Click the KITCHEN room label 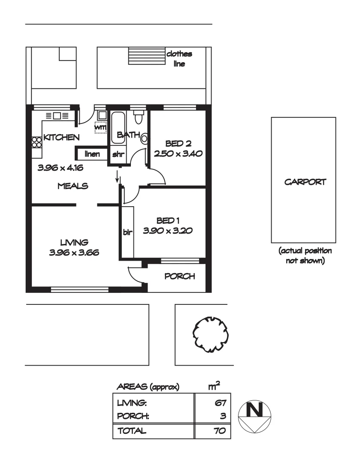61,138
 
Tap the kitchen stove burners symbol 36,141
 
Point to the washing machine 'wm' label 100,127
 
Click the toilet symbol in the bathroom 138,117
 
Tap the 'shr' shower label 118,154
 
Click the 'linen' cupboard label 92,153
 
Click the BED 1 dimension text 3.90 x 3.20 167,230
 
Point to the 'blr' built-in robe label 127,233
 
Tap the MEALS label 73,186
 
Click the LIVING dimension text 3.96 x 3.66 74,253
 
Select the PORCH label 180,277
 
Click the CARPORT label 305,182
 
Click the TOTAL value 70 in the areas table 219,431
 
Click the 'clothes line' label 179,59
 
